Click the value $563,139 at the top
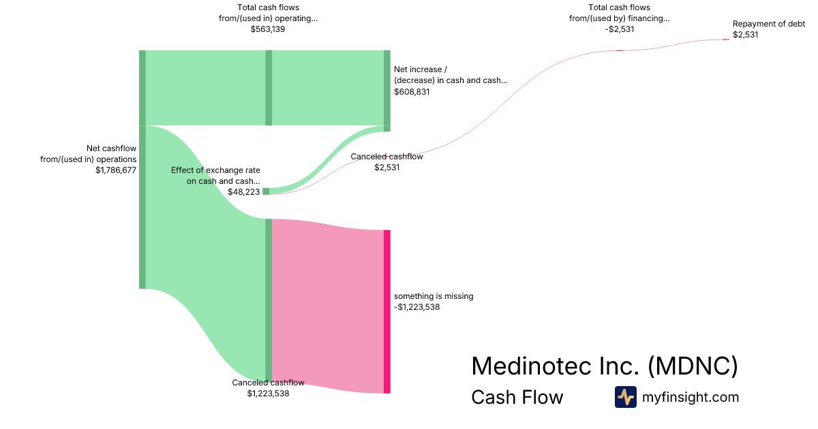268,29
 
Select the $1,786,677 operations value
116,171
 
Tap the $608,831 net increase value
412,91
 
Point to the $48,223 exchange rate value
243,193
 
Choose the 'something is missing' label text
434,296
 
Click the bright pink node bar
387,311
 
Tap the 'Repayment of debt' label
768,24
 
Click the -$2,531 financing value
619,29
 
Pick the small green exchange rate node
266,191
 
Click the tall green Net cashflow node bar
142,170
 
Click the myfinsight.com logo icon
625,397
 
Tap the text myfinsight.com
691,397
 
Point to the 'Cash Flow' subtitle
517,397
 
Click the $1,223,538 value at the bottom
268,393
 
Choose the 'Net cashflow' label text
111,148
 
